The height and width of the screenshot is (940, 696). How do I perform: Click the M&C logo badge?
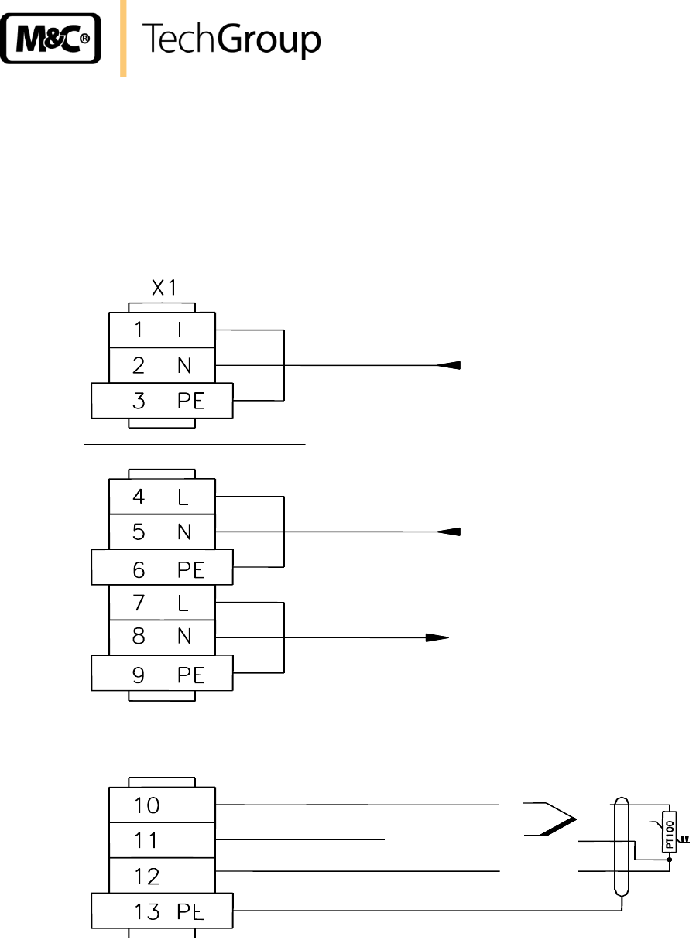click(52, 38)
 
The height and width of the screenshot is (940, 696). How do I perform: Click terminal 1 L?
click(162, 330)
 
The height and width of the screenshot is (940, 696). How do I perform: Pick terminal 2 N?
click(162, 365)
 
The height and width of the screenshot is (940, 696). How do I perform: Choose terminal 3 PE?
click(162, 401)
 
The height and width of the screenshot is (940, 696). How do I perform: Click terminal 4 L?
click(162, 497)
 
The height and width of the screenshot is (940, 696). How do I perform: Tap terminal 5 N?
click(162, 532)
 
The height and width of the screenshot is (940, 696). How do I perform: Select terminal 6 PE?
click(162, 568)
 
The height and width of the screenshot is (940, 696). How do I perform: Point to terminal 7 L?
click(162, 603)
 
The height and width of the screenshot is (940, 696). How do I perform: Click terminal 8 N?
click(162, 638)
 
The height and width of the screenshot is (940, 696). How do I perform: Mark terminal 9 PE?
click(162, 674)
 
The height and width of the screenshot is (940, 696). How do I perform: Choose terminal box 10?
click(162, 805)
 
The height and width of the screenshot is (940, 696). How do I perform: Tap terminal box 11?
click(162, 840)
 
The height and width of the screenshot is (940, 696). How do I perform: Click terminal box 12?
click(162, 876)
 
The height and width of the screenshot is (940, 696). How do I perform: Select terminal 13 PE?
click(162, 911)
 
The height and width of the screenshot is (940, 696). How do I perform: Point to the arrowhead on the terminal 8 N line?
click(437, 638)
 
